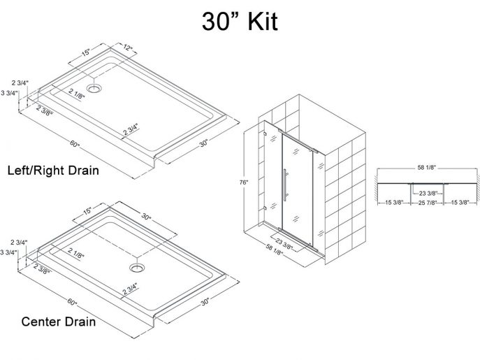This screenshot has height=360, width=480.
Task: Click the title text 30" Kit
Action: click(x=240, y=21)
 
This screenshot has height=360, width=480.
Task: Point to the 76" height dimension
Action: click(x=243, y=183)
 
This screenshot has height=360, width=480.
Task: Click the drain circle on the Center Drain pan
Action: click(x=136, y=266)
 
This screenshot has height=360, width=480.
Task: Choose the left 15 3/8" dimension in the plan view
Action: click(x=393, y=203)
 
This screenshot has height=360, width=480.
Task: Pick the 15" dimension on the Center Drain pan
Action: click(x=87, y=210)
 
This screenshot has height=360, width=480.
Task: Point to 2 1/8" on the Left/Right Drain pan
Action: click(x=78, y=92)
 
